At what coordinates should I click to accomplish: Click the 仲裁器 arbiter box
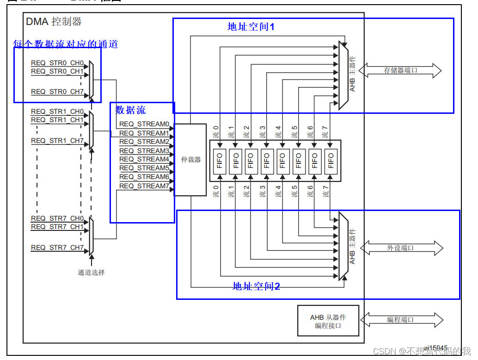tap(190, 160)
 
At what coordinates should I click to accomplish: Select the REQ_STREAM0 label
tap(144, 124)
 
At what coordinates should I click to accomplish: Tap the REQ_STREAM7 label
tap(144, 186)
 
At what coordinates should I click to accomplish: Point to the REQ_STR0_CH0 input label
tap(57, 63)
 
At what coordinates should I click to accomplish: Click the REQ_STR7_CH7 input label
tap(57, 248)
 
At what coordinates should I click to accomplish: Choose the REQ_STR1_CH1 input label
tap(57, 120)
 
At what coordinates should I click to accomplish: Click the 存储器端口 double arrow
tap(400, 71)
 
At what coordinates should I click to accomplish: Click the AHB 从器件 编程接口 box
tap(328, 321)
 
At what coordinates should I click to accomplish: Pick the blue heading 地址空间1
tap(251, 27)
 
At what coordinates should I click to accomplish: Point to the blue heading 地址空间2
tap(256, 286)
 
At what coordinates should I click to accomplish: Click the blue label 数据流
tap(130, 110)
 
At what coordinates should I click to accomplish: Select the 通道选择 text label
tap(91, 273)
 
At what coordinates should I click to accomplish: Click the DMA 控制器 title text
tap(54, 21)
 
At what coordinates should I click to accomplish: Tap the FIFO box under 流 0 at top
tap(219, 160)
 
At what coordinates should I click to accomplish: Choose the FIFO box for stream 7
tap(331, 160)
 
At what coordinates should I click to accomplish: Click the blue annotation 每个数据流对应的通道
tap(65, 44)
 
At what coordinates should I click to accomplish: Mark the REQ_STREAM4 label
tap(144, 159)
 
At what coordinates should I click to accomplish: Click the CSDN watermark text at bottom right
tap(421, 351)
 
